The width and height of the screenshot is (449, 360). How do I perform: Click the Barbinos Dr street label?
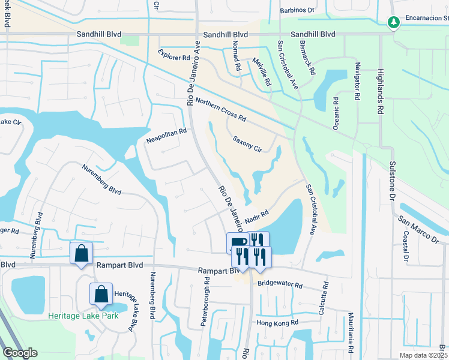[x=297, y=10]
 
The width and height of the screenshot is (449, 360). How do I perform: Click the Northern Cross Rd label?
[x=221, y=108]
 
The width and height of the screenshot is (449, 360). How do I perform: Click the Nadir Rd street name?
[x=255, y=217]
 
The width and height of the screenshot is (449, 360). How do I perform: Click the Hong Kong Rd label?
[x=277, y=323]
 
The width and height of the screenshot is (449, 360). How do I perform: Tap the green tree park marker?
[x=394, y=22]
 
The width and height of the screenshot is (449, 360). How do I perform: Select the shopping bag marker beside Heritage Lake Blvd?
[x=101, y=293]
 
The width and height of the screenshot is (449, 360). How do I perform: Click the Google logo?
[x=20, y=353]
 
